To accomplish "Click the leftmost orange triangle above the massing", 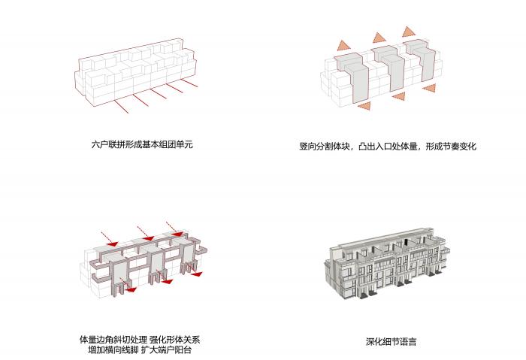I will click(343, 45).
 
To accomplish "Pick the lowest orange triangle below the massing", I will click(364, 107).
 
